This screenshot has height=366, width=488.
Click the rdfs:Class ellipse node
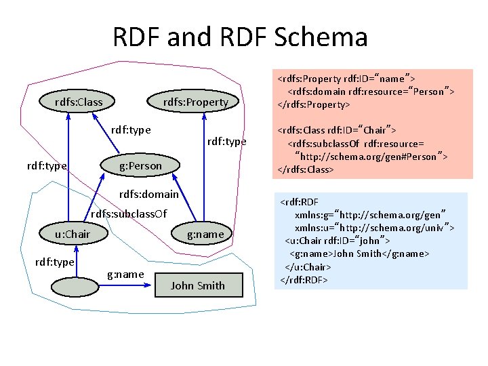tap(79, 102)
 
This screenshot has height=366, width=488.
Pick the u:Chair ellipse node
tap(73, 235)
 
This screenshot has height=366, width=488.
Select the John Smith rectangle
tap(197, 285)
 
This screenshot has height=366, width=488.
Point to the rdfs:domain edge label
tap(148, 195)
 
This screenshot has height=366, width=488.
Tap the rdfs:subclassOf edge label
tap(129, 214)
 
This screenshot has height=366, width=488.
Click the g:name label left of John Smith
tap(125, 274)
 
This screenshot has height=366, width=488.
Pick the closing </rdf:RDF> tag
tap(303, 279)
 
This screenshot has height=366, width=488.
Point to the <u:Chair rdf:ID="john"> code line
tap(338, 240)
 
